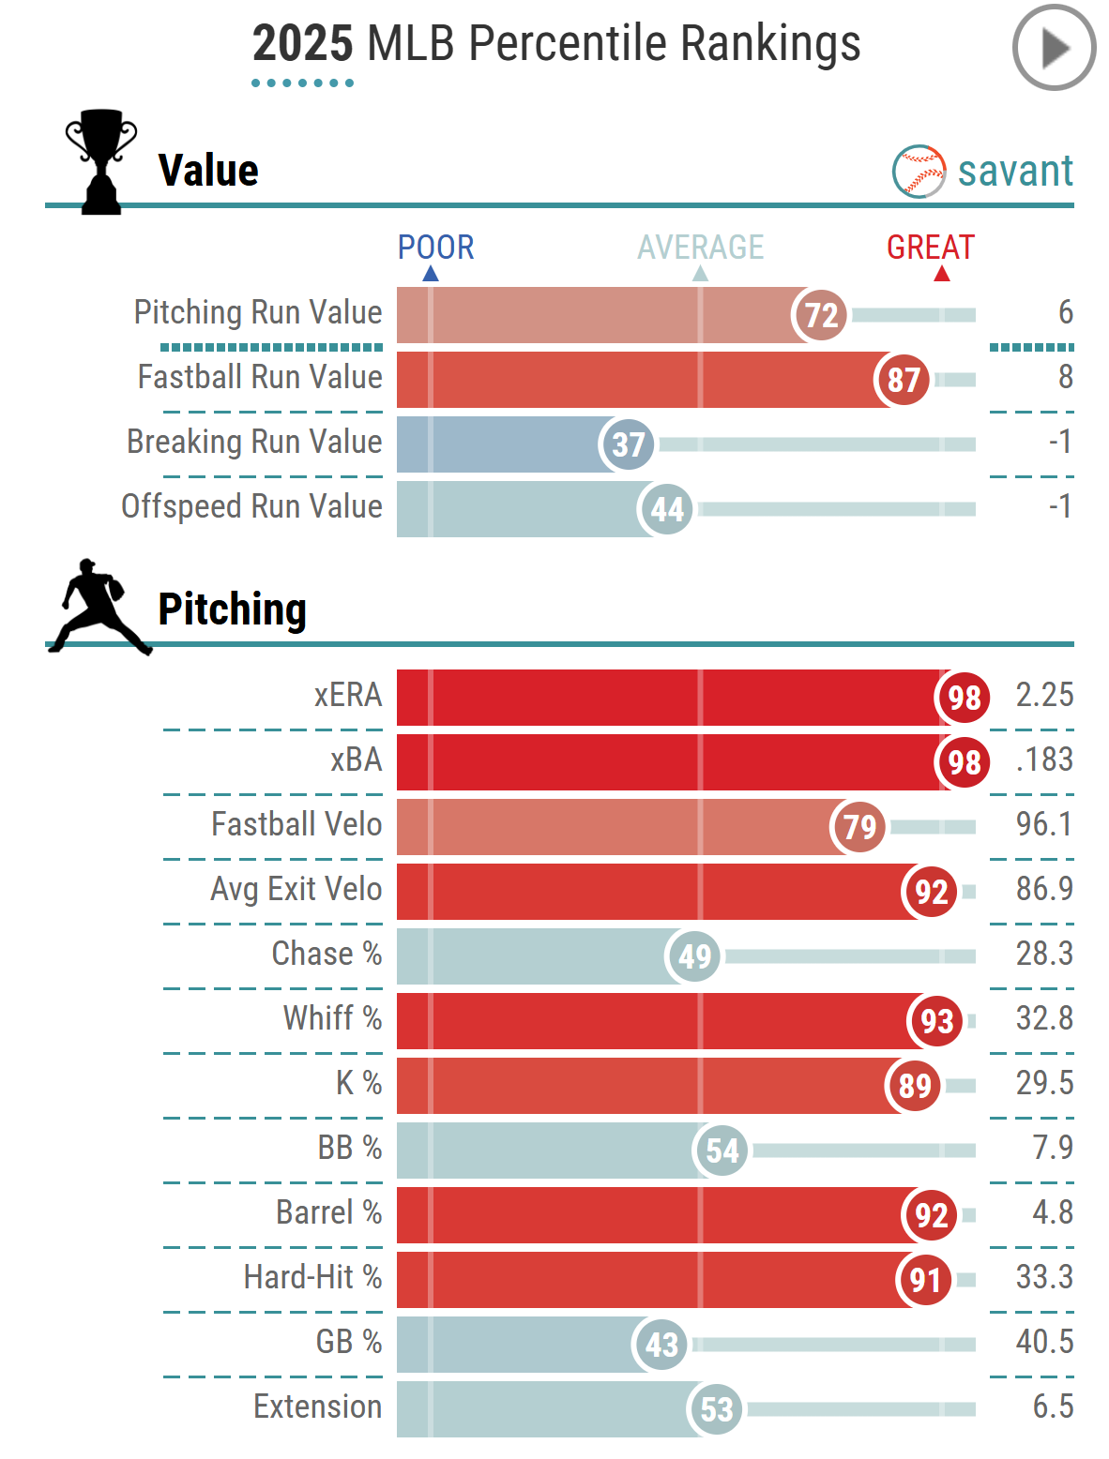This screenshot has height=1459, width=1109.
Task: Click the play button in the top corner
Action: click(1054, 48)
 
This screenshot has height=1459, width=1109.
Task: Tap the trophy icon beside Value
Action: click(100, 161)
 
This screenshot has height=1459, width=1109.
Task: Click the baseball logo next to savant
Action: click(919, 172)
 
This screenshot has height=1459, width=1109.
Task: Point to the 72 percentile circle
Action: click(820, 315)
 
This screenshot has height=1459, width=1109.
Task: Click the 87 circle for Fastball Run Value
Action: click(903, 380)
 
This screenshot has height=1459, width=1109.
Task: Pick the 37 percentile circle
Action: click(628, 444)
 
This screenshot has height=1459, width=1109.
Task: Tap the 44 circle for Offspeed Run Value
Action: click(666, 509)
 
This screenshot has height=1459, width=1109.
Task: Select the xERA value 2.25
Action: click(1044, 696)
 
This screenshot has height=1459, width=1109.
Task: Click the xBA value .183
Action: click(1044, 760)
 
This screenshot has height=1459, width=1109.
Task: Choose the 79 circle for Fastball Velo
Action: click(859, 827)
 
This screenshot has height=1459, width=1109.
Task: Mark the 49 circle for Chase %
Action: click(694, 956)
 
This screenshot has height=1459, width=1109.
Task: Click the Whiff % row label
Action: click(332, 1018)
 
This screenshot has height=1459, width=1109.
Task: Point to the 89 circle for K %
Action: click(914, 1086)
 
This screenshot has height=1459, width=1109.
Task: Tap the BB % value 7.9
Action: click(1053, 1148)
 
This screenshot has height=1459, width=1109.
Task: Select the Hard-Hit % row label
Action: click(312, 1277)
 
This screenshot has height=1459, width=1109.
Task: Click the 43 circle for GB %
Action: click(661, 1345)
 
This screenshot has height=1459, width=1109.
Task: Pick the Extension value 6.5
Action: click(1053, 1406)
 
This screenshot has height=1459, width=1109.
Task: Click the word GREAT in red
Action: click(931, 248)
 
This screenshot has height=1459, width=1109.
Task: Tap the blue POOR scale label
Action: click(435, 248)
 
